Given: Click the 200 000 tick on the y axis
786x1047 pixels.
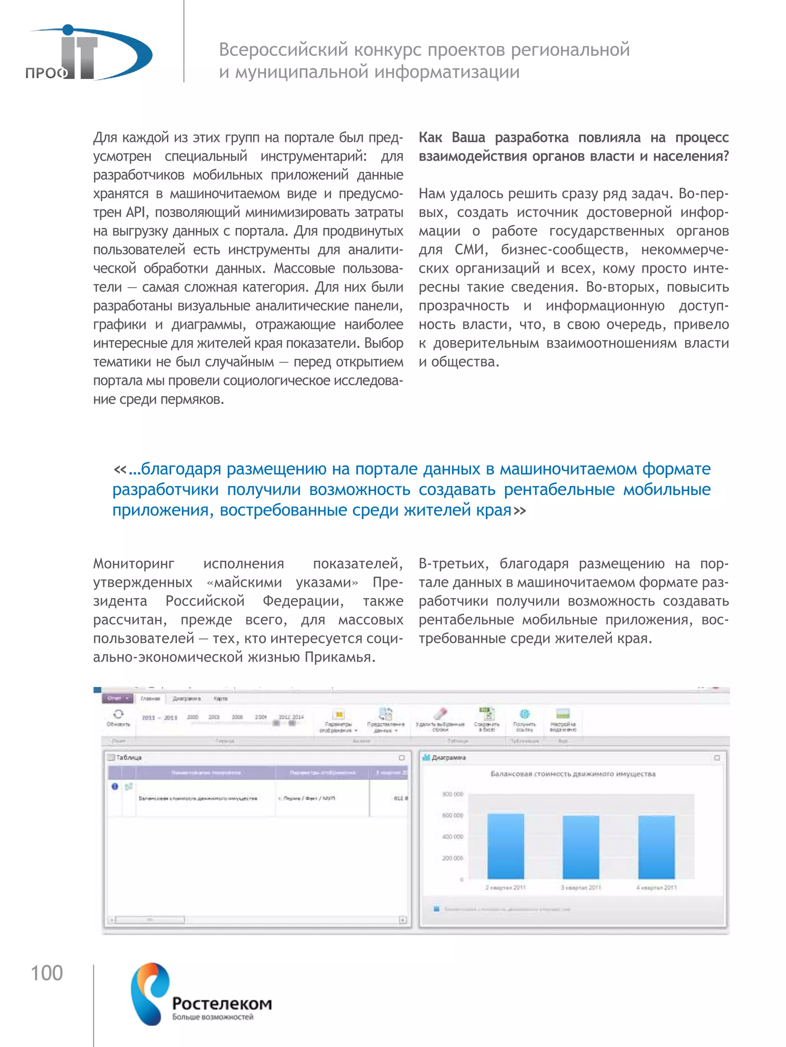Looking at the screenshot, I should (x=452, y=858).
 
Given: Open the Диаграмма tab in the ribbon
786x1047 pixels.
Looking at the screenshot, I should (x=187, y=699).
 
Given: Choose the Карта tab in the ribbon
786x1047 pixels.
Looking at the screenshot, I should (x=221, y=699).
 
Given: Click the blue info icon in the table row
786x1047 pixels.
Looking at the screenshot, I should (x=115, y=786).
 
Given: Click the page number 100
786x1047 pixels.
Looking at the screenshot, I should (x=47, y=973).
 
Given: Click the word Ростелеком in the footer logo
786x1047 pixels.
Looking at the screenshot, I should (x=222, y=1003).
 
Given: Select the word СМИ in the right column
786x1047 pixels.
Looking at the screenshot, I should (x=471, y=250).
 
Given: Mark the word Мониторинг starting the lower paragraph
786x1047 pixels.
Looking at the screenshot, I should (x=134, y=564).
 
